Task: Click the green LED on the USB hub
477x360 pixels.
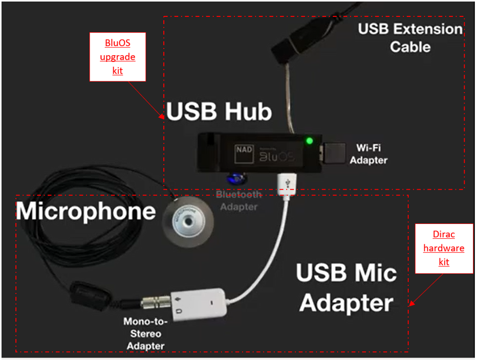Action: coord(309,141)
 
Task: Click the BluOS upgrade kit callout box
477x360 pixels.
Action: coord(118,57)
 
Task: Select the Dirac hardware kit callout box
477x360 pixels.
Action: coord(444,248)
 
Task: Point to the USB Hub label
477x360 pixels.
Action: coord(219,112)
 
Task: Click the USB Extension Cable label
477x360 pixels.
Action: coord(410,37)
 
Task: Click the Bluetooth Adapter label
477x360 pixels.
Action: coord(238,200)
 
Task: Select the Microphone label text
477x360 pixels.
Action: coord(86,210)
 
